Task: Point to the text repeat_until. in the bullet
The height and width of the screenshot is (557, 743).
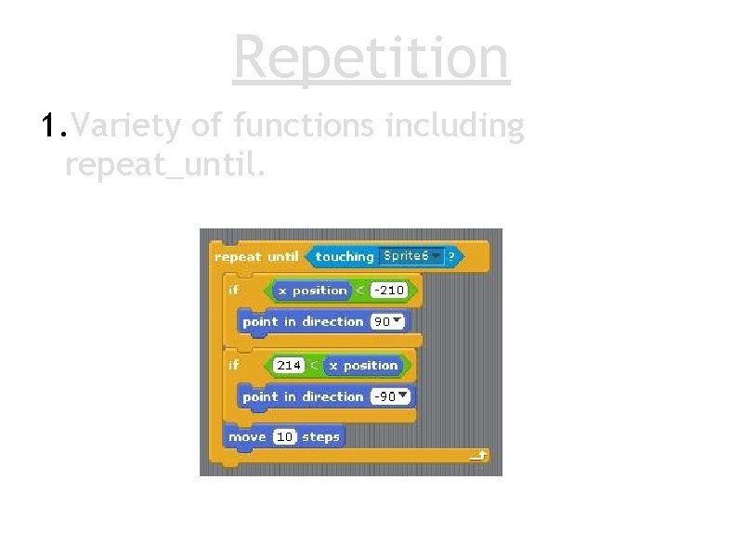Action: [x=165, y=164]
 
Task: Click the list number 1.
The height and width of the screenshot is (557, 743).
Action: [x=53, y=125]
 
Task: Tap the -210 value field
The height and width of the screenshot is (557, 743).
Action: [x=388, y=291]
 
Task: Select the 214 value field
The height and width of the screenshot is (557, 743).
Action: [x=288, y=366]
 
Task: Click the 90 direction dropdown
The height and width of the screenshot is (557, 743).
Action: [x=387, y=322]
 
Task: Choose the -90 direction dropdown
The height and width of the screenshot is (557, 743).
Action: [x=390, y=396]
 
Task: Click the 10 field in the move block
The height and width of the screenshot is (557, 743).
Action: [x=284, y=436]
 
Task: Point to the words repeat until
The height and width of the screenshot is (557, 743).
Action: [x=256, y=256]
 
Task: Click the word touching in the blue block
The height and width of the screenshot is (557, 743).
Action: [x=344, y=256]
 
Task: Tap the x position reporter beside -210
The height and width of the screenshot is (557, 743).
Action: [x=312, y=291]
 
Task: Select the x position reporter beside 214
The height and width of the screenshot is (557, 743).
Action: [x=363, y=366]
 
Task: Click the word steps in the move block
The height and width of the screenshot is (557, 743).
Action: [x=320, y=436]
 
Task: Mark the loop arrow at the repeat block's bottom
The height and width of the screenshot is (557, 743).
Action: [x=478, y=456]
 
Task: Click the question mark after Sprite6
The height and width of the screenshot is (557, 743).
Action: [x=452, y=256]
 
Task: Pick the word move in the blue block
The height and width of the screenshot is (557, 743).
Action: [x=247, y=436]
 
